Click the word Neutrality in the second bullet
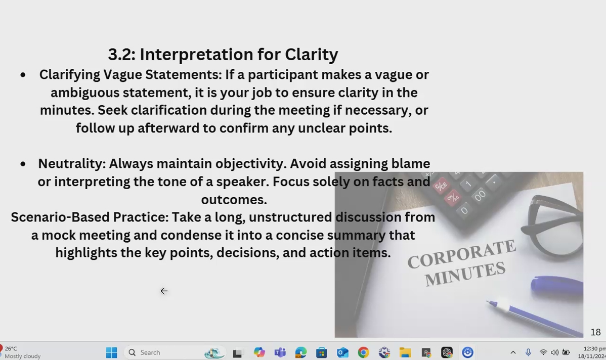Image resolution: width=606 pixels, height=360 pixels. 72,164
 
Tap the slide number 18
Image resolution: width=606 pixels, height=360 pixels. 595,332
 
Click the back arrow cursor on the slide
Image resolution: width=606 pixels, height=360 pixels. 164,291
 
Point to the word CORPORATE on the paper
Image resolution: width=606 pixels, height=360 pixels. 461,254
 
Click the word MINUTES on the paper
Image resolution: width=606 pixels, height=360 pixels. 465,274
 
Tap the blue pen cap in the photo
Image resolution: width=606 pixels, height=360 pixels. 557,286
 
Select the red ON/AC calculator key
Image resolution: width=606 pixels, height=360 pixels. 453,198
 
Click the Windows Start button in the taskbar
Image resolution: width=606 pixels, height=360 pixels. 111,352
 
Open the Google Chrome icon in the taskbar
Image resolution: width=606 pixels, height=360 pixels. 363,352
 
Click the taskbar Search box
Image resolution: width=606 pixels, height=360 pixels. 175,352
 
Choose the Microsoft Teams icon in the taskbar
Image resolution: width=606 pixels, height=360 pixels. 280,352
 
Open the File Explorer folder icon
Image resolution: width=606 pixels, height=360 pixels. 405,352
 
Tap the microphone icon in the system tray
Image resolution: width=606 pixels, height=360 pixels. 528,352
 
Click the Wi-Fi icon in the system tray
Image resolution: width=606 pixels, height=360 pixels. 543,352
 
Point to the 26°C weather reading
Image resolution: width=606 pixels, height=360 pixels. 11,348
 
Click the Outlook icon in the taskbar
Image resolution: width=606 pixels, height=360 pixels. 342,352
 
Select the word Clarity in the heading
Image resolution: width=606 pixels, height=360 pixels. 312,55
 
